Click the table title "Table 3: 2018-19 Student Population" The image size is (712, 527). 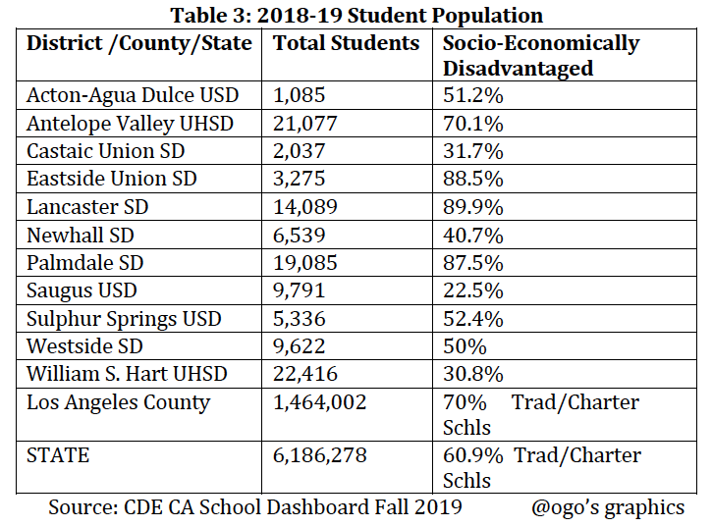[x=356, y=15]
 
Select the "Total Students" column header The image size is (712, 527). [x=346, y=44]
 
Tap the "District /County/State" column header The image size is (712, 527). [x=139, y=44]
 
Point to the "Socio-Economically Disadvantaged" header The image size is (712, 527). [x=540, y=56]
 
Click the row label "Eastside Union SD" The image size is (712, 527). [x=112, y=180]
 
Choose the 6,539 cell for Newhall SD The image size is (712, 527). [x=299, y=236]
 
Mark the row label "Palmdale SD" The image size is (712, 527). [x=86, y=263]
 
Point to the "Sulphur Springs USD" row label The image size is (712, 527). [x=125, y=319]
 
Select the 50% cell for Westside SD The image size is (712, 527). [x=464, y=346]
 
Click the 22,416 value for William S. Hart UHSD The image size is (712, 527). [x=305, y=374]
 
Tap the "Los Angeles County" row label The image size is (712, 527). [x=118, y=402]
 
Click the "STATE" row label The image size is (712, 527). [x=58, y=456]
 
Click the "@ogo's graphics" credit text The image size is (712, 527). [x=608, y=507]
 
